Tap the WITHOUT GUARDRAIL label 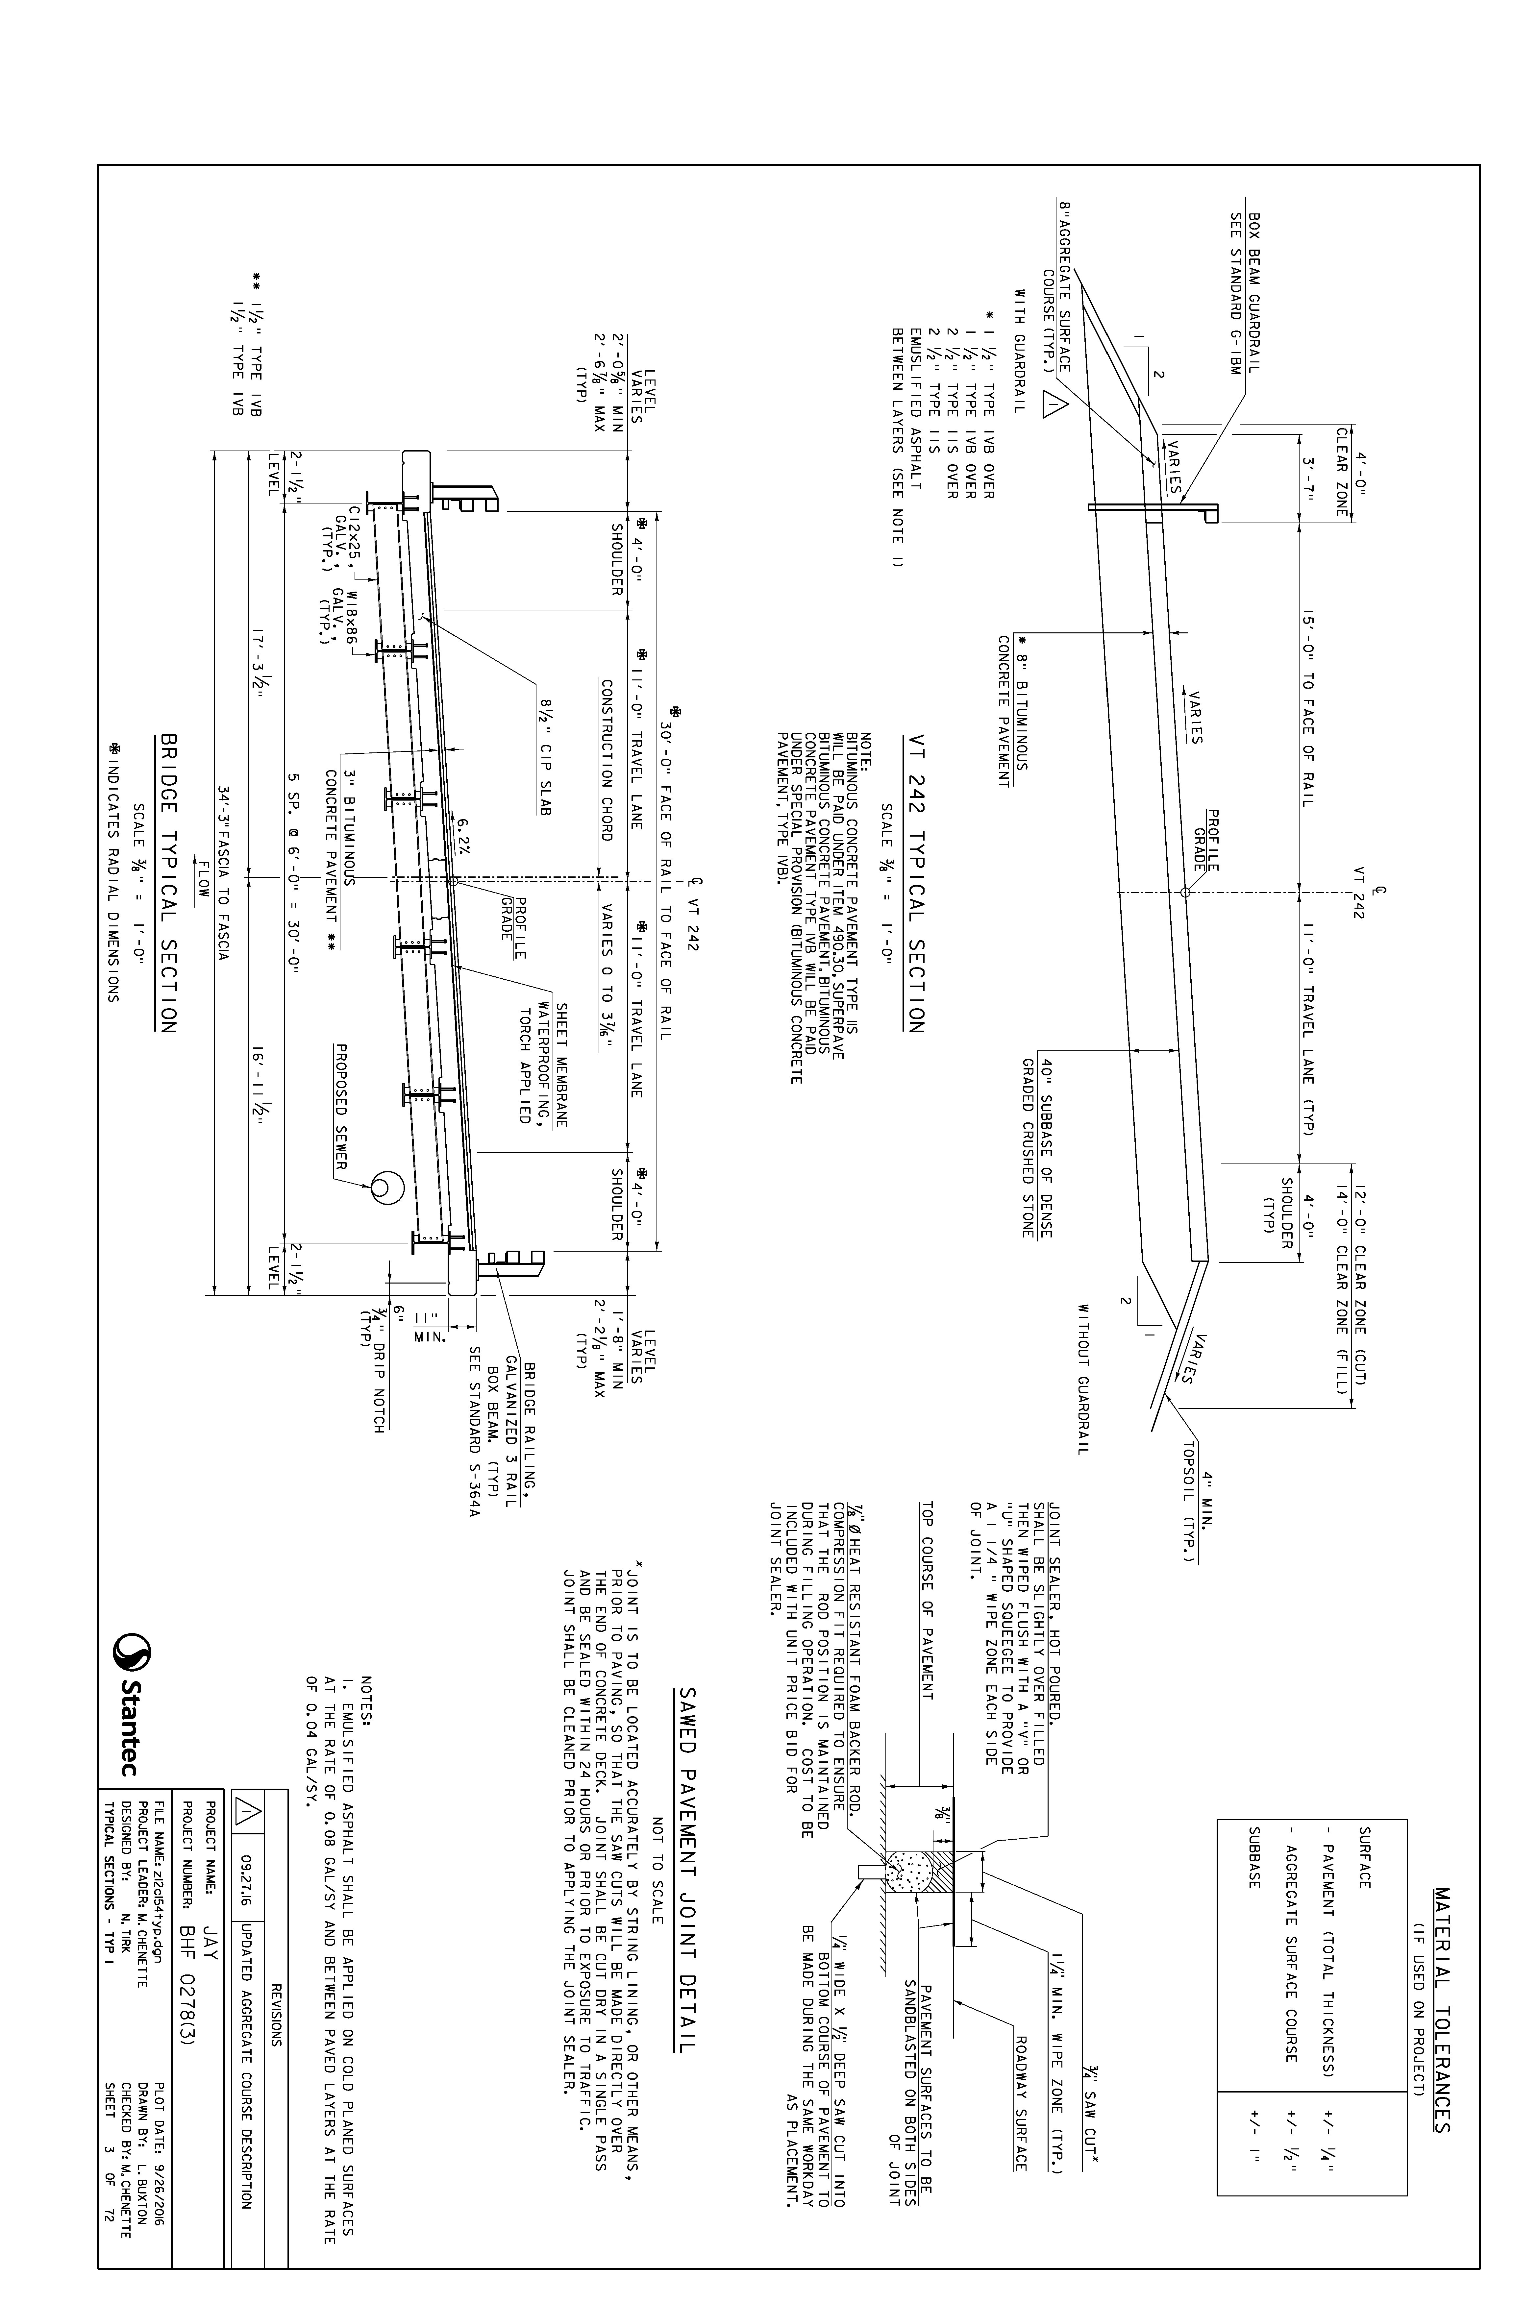point(1083,1375)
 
